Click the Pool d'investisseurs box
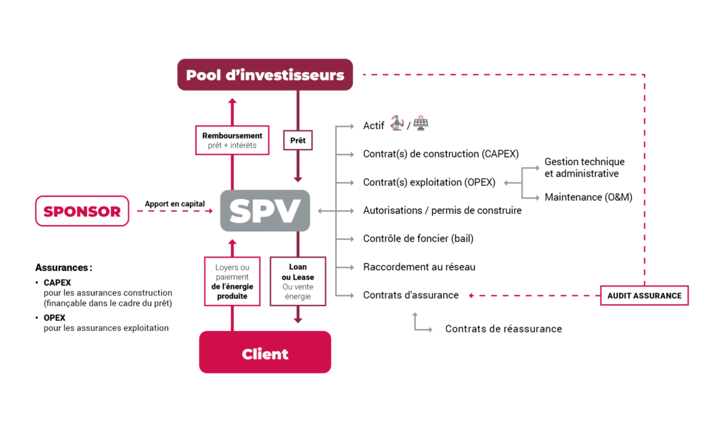(265, 75)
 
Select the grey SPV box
(265, 210)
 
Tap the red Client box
(265, 353)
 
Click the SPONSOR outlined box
(82, 211)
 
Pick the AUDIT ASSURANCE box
(644, 296)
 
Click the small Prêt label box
(297, 140)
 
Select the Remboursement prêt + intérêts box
(232, 140)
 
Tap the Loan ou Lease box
(297, 282)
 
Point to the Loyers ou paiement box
(232, 282)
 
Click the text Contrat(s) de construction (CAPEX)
(441, 154)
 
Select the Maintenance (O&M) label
(587, 197)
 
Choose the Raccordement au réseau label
(419, 267)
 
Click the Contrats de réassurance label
(503, 329)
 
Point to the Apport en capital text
(174, 204)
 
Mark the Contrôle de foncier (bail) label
(418, 239)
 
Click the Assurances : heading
(64, 267)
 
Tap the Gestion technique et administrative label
(584, 167)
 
